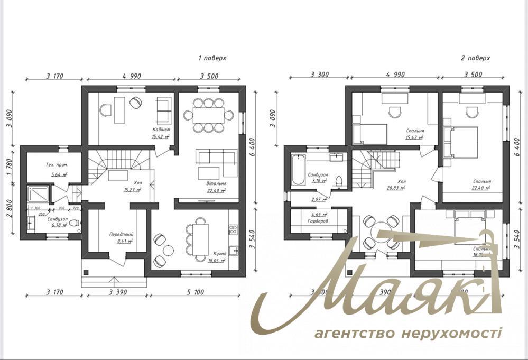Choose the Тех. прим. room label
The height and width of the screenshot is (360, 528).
(x=55, y=165)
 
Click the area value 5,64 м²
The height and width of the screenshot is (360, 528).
(x=59, y=174)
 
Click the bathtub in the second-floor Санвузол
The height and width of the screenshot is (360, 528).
(x=299, y=169)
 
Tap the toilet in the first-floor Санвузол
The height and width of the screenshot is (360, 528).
(x=76, y=223)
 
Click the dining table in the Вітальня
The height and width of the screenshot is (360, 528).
(x=212, y=114)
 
